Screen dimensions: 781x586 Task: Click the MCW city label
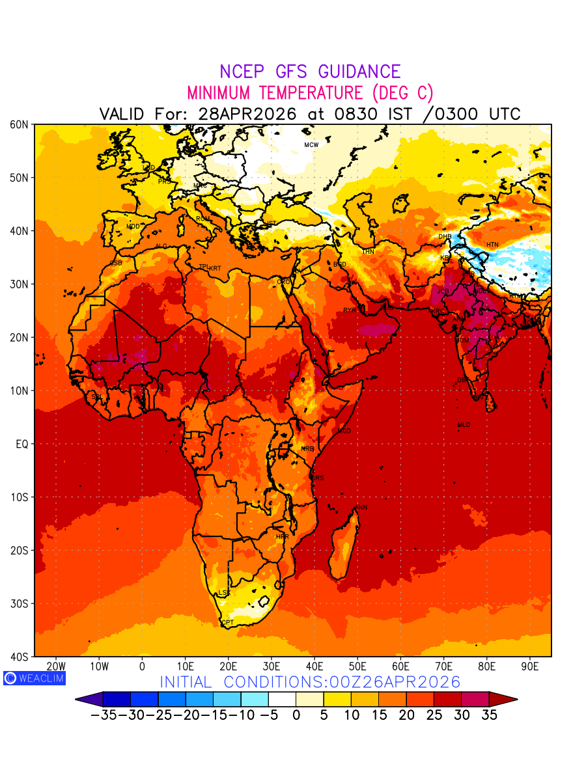(311, 144)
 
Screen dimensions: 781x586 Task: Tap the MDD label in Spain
(133, 226)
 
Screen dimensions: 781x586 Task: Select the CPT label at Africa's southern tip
(228, 623)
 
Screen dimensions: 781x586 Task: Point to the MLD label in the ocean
(464, 425)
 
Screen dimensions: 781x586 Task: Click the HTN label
(492, 245)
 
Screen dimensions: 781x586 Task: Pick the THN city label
(368, 251)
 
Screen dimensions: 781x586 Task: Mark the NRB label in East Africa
(307, 449)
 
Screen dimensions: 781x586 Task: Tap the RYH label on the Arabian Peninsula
(350, 310)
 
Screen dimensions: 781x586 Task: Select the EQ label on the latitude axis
(22, 444)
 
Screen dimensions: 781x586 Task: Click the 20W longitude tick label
(57, 666)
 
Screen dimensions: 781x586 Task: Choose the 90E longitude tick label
(531, 666)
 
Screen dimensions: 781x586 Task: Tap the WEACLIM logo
(34, 678)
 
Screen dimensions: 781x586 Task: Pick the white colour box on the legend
(281, 700)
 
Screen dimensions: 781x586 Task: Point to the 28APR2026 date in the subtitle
(247, 114)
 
